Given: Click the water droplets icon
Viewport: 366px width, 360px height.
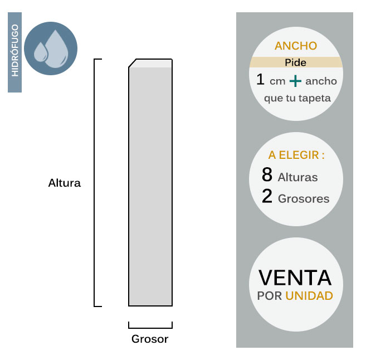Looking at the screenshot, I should [x=51, y=48].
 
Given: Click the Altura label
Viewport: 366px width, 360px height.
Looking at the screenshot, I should [x=65, y=183].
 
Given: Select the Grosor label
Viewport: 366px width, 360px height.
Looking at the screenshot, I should [x=150, y=339].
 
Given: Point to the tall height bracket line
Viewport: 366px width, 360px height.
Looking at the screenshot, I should [x=95, y=183].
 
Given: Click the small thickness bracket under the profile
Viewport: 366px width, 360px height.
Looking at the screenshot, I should [x=150, y=326].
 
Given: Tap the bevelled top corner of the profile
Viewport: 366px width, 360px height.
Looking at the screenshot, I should [x=133, y=62].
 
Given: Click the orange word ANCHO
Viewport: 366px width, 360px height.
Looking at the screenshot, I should [x=296, y=46].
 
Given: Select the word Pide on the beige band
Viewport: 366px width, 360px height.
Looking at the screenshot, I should [x=295, y=63].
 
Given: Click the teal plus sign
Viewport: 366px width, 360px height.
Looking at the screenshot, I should [x=295, y=81].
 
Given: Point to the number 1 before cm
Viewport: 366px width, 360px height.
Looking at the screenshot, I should [x=260, y=80].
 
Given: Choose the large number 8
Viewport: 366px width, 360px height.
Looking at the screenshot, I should [x=267, y=176].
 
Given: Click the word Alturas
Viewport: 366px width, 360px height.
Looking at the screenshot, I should [x=297, y=178].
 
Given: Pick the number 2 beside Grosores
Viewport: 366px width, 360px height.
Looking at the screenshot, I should [x=267, y=197].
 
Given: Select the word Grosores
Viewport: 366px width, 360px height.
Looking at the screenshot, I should [x=304, y=199].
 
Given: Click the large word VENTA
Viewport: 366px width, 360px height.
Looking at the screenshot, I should [x=295, y=278].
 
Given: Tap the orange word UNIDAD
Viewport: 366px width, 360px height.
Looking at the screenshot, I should [x=309, y=295].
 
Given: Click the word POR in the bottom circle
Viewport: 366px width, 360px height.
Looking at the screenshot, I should [x=270, y=295].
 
